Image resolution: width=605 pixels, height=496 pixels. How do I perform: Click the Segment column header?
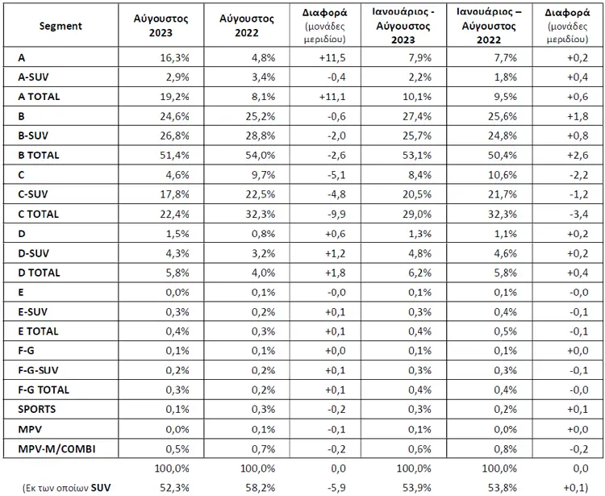(60, 26)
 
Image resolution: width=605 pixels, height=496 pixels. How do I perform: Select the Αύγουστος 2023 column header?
(161, 26)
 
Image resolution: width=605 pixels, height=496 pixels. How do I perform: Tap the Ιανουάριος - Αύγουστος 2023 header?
(403, 26)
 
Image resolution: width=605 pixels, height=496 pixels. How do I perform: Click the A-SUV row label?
(33, 77)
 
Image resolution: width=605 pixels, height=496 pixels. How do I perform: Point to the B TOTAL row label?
(39, 155)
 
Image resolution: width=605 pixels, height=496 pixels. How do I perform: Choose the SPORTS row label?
(36, 409)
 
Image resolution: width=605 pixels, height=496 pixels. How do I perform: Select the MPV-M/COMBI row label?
(56, 449)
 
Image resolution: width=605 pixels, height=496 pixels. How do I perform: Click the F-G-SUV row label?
(38, 370)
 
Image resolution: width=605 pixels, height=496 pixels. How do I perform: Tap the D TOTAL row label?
(39, 273)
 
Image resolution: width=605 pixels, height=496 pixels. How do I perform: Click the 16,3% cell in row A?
(175, 58)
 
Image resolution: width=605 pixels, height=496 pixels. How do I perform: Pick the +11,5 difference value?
(332, 58)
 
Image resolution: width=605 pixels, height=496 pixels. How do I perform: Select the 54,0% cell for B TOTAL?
(261, 155)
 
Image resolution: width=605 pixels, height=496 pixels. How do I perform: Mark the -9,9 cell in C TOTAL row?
(336, 214)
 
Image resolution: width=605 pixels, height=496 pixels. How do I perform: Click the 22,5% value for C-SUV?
(261, 194)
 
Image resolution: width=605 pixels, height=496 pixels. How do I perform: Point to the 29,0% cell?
(417, 214)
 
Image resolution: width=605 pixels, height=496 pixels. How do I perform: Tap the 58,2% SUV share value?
(261, 488)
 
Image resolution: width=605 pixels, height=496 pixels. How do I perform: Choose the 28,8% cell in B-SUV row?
(261, 135)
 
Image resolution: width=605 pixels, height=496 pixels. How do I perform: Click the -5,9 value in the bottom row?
(336, 488)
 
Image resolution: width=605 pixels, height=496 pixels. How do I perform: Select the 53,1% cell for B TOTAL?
(417, 155)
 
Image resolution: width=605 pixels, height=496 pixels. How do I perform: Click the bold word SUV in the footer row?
(101, 488)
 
